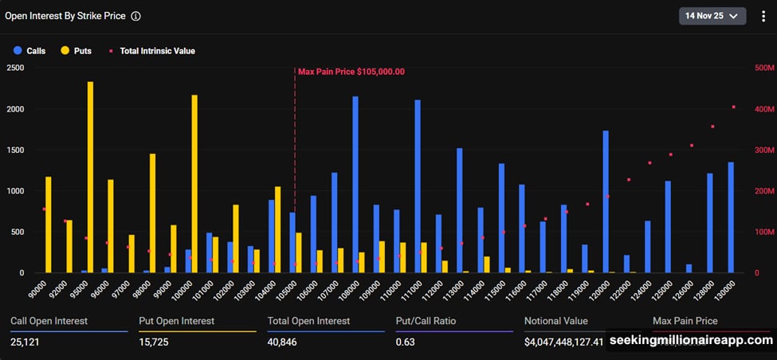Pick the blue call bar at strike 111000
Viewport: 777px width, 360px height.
click(418, 186)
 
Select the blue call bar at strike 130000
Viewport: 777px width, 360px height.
click(731, 217)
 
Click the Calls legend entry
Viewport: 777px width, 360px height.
click(29, 51)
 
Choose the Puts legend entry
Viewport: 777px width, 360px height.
click(76, 51)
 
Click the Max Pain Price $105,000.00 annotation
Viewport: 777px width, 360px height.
click(351, 72)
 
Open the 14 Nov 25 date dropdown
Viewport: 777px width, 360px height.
click(712, 16)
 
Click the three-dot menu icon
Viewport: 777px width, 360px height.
click(763, 16)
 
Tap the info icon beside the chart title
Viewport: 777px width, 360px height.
click(135, 16)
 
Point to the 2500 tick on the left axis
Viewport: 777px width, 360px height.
click(15, 68)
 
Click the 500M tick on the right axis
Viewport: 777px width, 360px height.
click(764, 68)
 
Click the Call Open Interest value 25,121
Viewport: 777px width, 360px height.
click(28, 342)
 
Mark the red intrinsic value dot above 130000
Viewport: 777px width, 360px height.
click(734, 107)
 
